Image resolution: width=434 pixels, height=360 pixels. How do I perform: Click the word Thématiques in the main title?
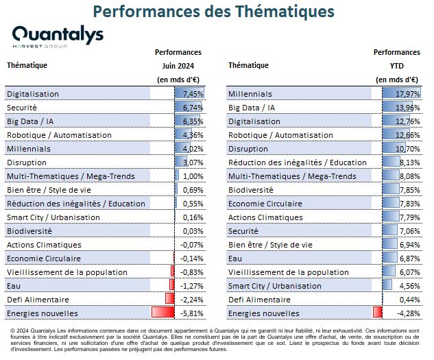(285, 12)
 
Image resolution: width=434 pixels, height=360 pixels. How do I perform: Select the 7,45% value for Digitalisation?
(193, 94)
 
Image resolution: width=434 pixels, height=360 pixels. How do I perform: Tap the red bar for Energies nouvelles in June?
(163, 312)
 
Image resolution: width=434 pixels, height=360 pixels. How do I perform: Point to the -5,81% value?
(192, 313)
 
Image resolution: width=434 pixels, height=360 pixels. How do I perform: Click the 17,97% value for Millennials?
(408, 94)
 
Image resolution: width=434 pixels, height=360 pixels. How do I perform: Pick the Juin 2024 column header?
(178, 66)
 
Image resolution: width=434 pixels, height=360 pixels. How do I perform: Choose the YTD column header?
(397, 66)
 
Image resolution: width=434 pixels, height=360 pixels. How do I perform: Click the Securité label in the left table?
(21, 108)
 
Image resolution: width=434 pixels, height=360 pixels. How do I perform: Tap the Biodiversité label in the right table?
(251, 190)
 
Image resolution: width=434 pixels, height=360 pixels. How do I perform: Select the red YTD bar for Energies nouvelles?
(378, 312)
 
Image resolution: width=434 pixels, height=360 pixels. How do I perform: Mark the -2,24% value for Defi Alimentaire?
(192, 300)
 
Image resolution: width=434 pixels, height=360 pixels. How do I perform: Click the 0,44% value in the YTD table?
(409, 300)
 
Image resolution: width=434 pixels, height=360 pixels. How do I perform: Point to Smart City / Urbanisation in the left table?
(53, 217)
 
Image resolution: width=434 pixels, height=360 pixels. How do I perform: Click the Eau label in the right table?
(235, 259)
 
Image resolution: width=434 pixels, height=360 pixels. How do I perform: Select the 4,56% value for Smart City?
(409, 286)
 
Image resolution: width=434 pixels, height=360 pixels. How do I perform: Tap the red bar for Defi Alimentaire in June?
(170, 298)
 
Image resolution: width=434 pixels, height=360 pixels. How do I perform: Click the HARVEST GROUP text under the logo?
(40, 46)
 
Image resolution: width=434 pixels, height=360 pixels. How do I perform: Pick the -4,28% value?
(409, 313)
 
